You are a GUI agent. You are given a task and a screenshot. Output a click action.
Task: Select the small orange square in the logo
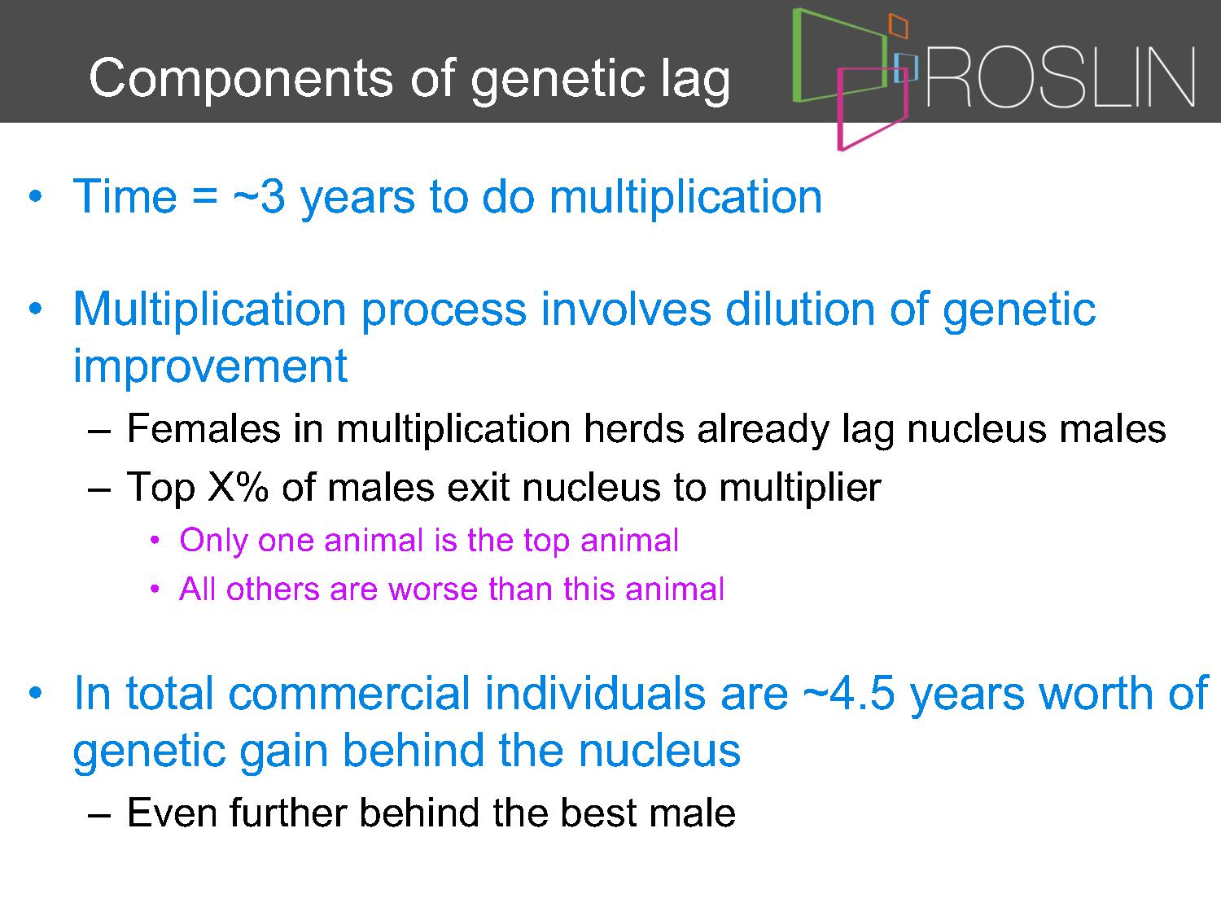pyautogui.click(x=899, y=26)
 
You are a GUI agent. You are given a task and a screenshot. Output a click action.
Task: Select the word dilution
pyautogui.click(x=800, y=309)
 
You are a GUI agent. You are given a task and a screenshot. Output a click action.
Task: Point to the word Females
pyautogui.click(x=203, y=429)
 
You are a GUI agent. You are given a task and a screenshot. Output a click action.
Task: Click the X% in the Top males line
pyautogui.click(x=238, y=487)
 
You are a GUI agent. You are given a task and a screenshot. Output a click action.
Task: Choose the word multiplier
pyautogui.click(x=800, y=488)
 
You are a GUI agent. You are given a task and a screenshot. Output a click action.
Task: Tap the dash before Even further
pyautogui.click(x=99, y=815)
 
